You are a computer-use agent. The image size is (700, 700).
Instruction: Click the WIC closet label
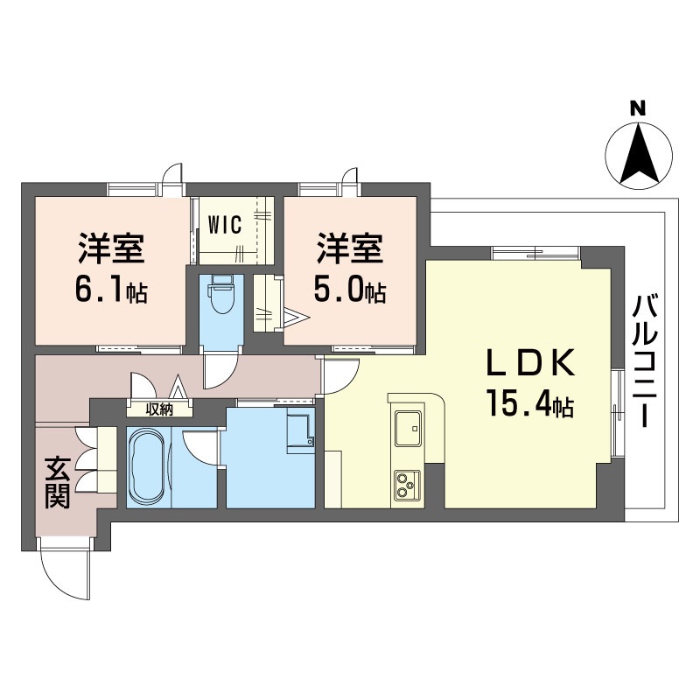coord(226,224)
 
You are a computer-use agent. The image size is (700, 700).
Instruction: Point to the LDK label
coord(530,363)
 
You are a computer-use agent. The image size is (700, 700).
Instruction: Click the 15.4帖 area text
coord(530,402)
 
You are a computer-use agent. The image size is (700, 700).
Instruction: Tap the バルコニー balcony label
coord(644,360)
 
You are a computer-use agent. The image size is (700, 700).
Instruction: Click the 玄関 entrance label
coord(57,483)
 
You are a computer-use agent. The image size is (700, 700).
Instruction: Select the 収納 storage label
coord(159,409)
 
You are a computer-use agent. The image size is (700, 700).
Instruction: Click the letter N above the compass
coord(639,108)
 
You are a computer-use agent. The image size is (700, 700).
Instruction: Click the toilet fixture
coord(220,295)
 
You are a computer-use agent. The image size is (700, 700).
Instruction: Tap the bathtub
coord(147,467)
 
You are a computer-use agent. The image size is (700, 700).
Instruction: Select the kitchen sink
coord(408,428)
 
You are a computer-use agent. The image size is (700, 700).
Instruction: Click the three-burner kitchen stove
coord(407,486)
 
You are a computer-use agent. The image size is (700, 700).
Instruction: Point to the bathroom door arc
coord(201,450)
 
